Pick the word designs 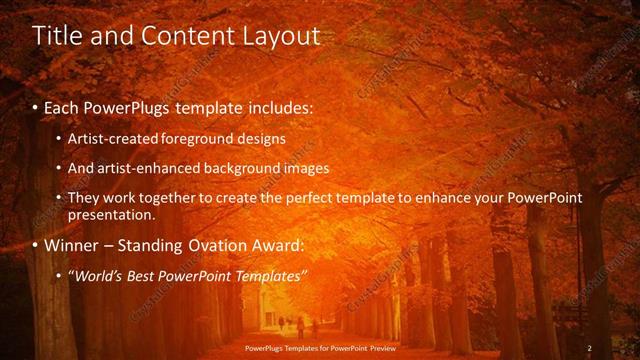(x=260, y=138)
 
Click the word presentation (x=111, y=214)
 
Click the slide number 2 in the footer (x=589, y=348)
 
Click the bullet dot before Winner (x=36, y=245)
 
